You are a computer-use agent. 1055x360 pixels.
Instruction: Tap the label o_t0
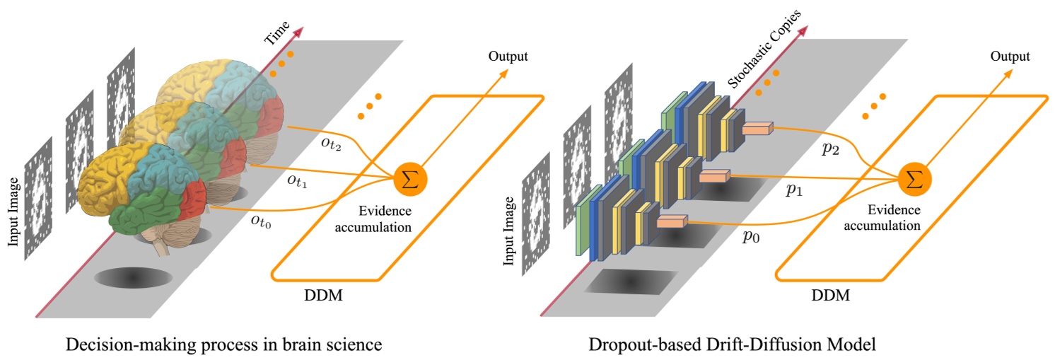[261, 219]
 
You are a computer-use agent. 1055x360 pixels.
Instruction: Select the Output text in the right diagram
[1010, 56]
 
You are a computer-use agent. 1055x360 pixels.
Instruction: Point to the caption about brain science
[223, 345]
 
